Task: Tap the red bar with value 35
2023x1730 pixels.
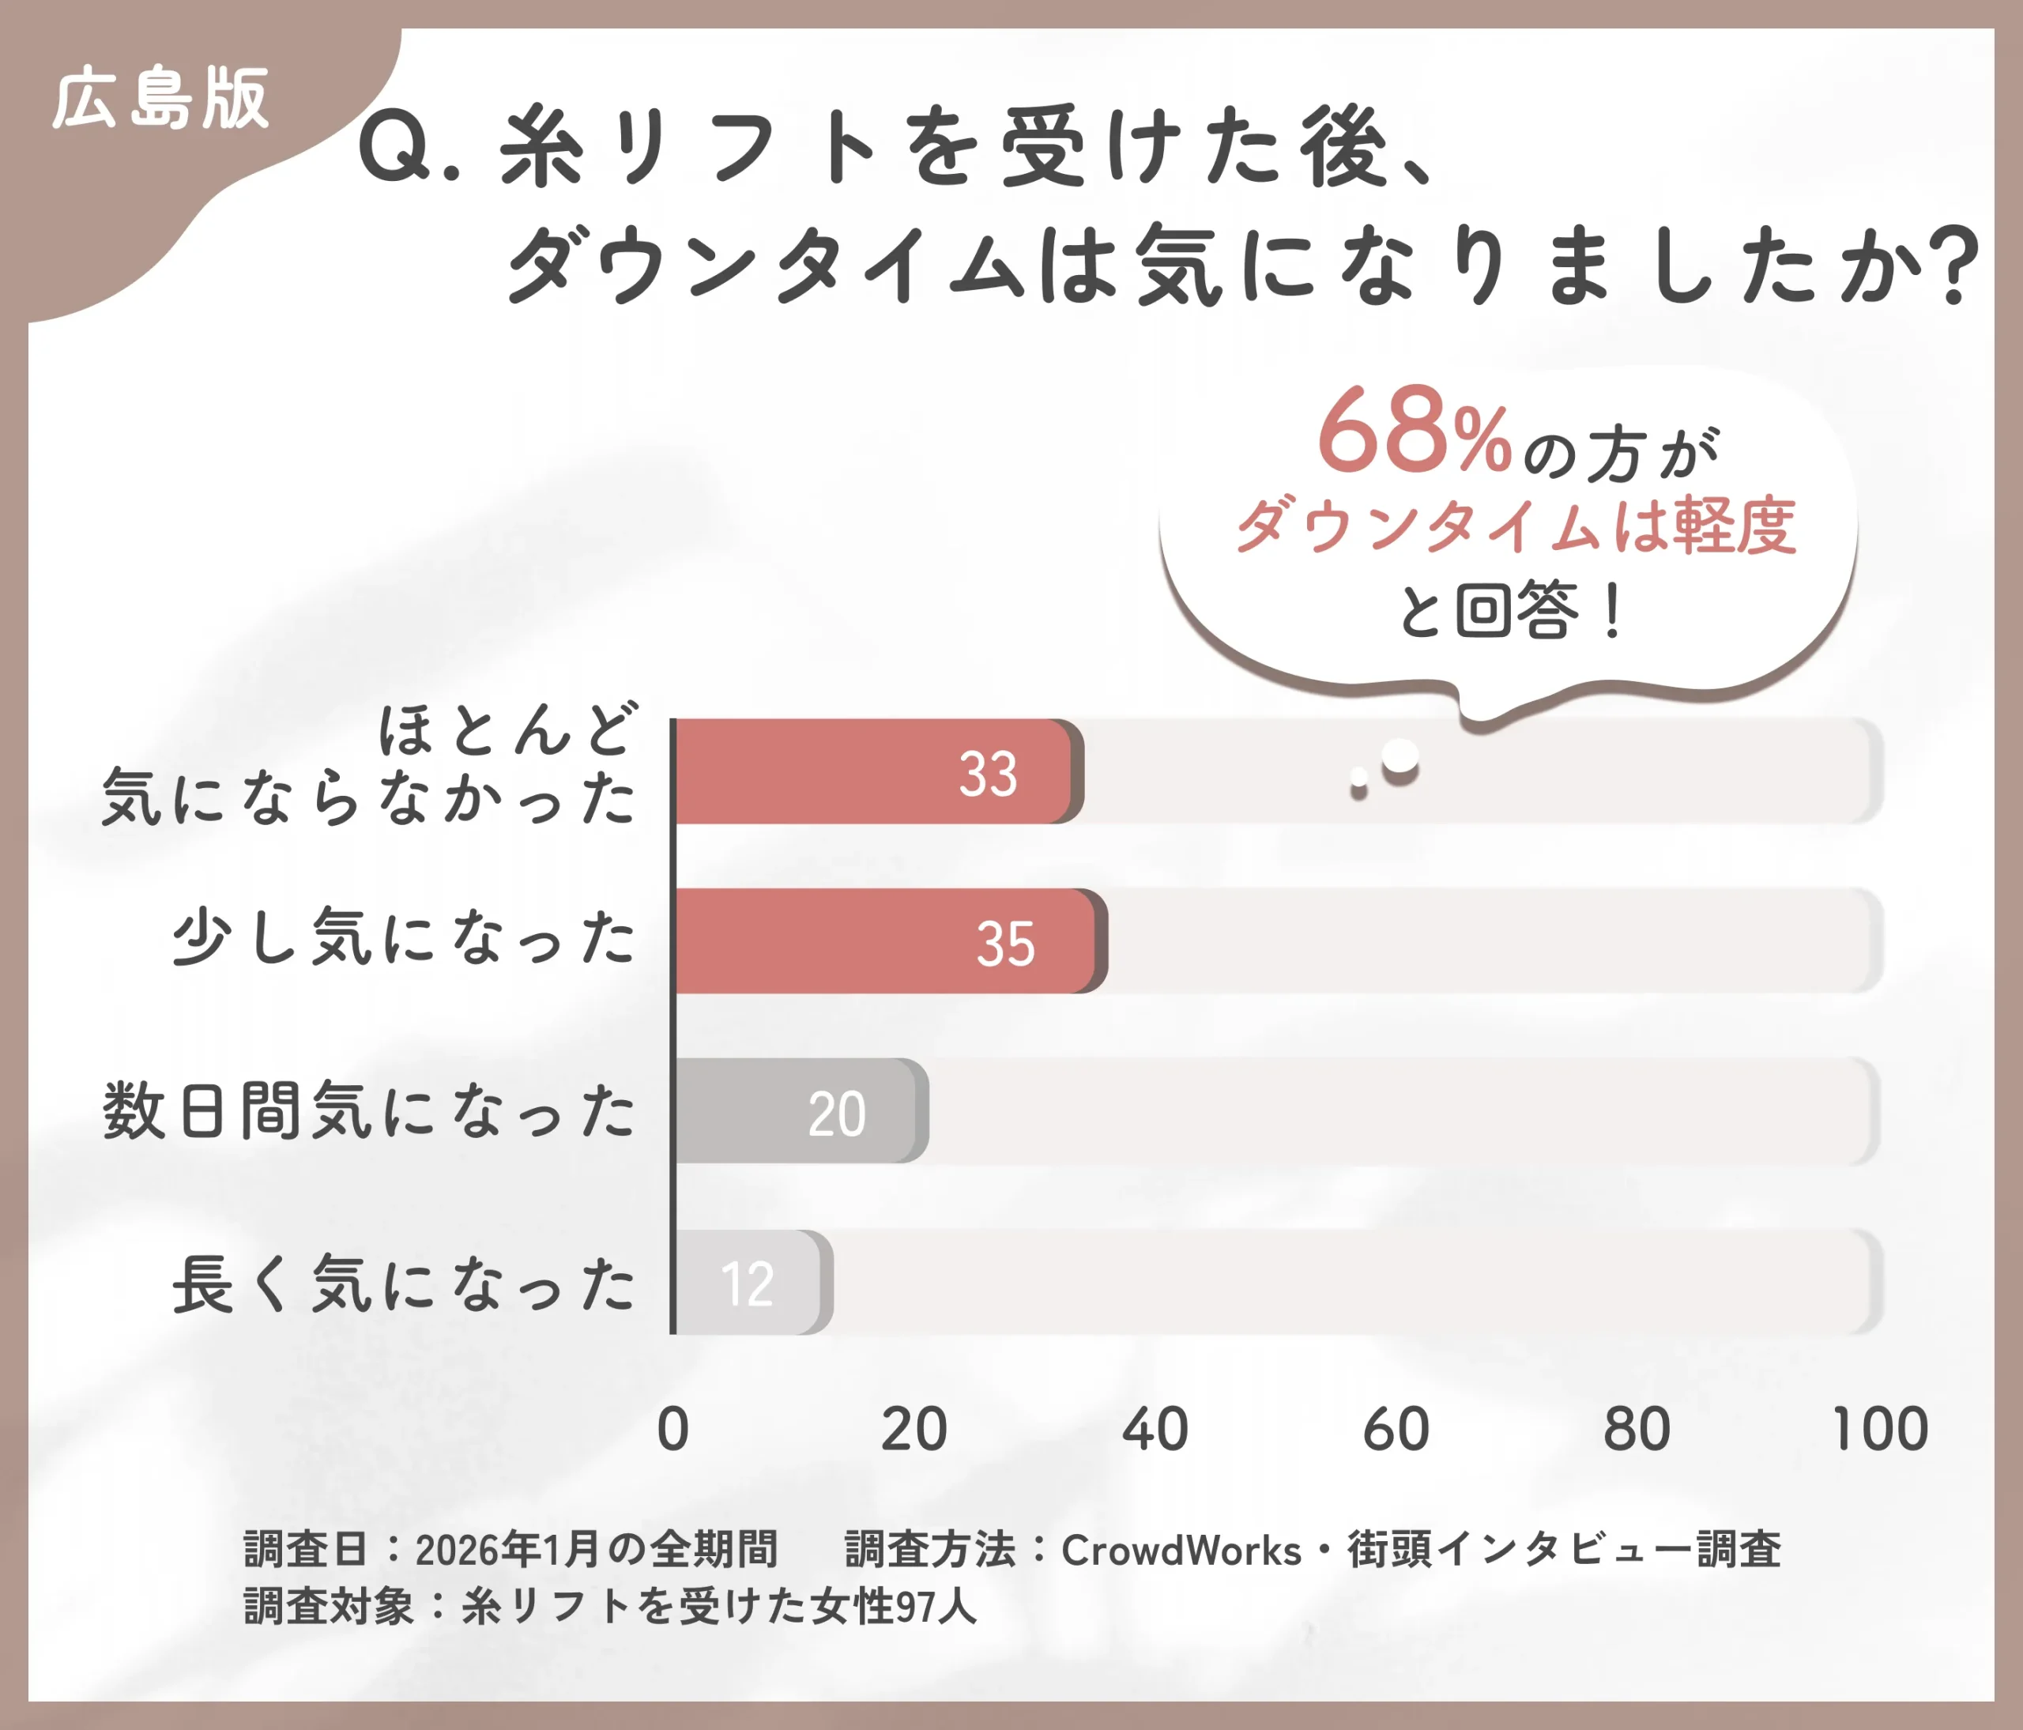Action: [888, 941]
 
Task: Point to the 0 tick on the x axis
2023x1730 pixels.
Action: [672, 1430]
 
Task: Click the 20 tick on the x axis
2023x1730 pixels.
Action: [914, 1430]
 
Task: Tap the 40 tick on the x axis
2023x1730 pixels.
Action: [1155, 1430]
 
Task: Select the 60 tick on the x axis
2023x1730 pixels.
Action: [1396, 1430]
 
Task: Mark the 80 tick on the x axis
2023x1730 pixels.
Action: [1637, 1430]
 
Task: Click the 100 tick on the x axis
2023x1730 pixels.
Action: [1879, 1430]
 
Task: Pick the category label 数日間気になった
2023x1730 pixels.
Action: [369, 1111]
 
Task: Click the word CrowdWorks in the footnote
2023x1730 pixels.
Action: [1181, 1551]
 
